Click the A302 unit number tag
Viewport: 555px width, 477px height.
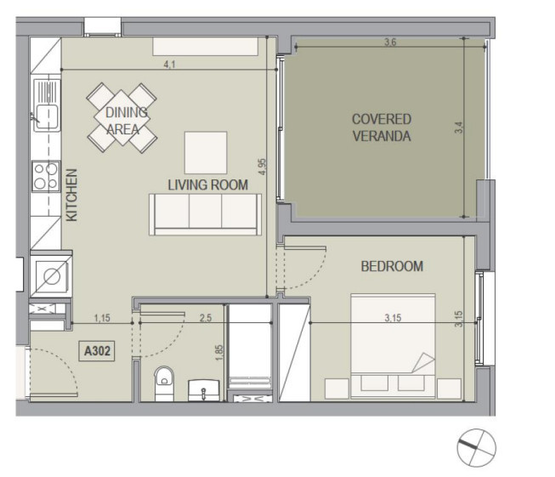(97, 351)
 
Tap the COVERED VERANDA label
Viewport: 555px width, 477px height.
(382, 128)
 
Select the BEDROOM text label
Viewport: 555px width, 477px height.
(392, 266)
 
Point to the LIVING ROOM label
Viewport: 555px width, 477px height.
(207, 185)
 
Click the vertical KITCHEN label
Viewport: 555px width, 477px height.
(72, 195)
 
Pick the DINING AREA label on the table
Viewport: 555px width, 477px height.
(125, 121)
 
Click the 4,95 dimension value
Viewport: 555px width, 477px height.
(262, 167)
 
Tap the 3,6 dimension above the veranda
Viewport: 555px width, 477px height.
(390, 43)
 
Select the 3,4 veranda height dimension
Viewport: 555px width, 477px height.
(458, 128)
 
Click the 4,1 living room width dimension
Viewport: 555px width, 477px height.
(169, 65)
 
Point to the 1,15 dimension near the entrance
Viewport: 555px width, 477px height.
(102, 318)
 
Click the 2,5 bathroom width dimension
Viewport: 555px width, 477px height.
(206, 318)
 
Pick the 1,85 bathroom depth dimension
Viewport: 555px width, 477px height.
(219, 353)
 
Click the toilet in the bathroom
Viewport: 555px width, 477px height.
(164, 383)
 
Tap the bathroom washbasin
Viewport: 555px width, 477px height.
(203, 390)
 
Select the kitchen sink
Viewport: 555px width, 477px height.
(47, 105)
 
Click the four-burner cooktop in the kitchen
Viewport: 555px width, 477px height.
(46, 176)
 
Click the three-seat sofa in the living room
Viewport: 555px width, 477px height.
(206, 214)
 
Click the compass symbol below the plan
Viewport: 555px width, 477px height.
(477, 448)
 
